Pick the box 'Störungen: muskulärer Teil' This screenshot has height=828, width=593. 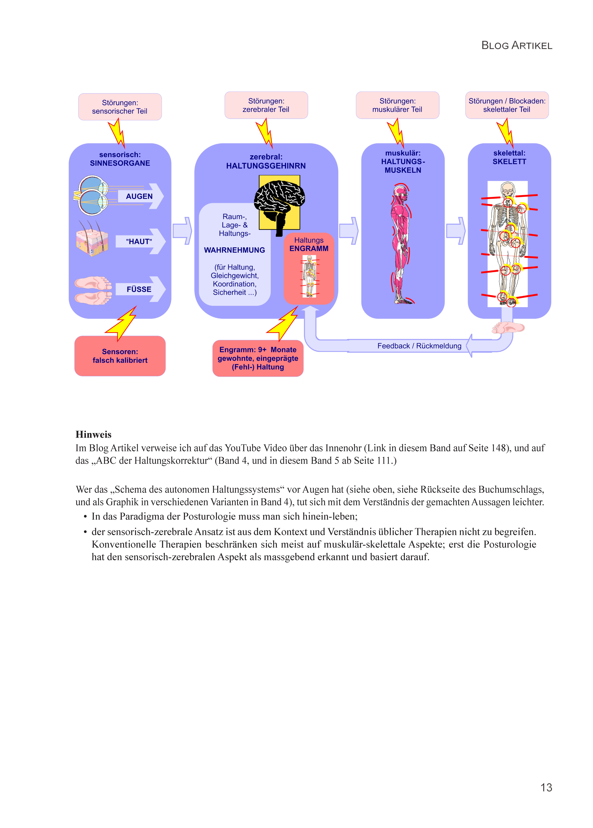397,105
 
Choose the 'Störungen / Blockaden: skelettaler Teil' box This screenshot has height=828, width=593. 507,105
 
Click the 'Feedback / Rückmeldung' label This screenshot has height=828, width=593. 419,346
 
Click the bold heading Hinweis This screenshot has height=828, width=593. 93,434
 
